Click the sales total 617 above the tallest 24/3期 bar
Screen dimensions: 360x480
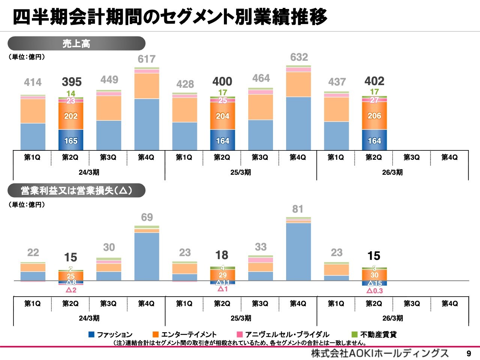[x=146, y=59]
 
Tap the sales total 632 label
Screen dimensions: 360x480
[x=299, y=57]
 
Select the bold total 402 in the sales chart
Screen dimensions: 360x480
[x=374, y=81]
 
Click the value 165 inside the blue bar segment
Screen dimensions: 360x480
[x=71, y=141]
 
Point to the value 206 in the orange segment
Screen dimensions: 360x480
[x=374, y=116]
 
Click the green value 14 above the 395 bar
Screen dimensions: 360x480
[x=71, y=93]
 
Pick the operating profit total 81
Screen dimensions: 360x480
[x=298, y=209]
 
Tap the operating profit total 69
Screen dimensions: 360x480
[x=147, y=217]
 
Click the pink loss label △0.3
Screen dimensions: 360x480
[x=375, y=291]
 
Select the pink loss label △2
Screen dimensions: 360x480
[x=71, y=290]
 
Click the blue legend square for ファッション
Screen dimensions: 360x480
[x=91, y=334]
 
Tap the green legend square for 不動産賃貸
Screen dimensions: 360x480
[x=354, y=334]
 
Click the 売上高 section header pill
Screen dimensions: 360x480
[x=76, y=43]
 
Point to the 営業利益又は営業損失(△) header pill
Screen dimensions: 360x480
[x=76, y=190]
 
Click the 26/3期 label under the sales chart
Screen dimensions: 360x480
[x=392, y=172]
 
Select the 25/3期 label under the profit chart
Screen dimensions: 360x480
[x=241, y=318]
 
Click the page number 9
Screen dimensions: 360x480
[x=468, y=354]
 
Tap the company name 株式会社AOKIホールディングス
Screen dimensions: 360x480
[x=379, y=353]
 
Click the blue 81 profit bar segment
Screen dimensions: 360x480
[x=298, y=252]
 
